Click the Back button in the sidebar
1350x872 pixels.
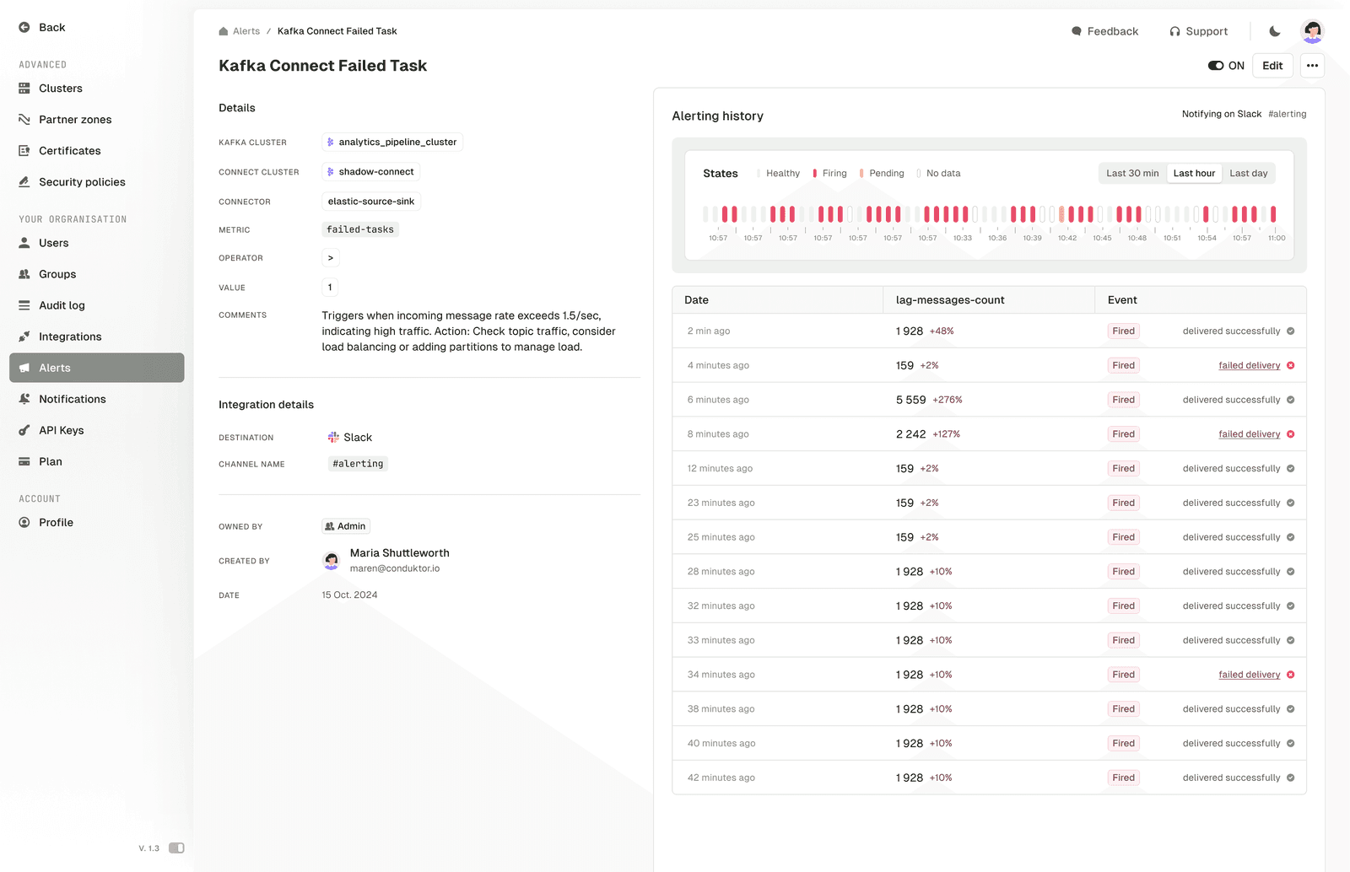pyautogui.click(x=42, y=28)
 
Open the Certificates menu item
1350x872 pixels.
pyautogui.click(x=69, y=151)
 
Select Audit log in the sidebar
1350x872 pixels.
pyautogui.click(x=62, y=305)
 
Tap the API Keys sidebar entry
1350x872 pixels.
pyautogui.click(x=61, y=430)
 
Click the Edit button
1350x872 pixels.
pyautogui.click(x=1272, y=66)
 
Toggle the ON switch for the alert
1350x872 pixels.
pyautogui.click(x=1216, y=66)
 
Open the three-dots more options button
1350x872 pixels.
pyautogui.click(x=1312, y=66)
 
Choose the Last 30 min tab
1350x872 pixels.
pyautogui.click(x=1132, y=174)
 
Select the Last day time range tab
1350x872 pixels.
pyautogui.click(x=1248, y=174)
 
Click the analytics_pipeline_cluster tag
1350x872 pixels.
pyautogui.click(x=392, y=143)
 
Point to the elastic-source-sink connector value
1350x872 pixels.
pyautogui.click(x=371, y=202)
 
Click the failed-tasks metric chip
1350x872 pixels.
pyautogui.click(x=360, y=229)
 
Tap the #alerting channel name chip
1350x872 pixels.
pyautogui.click(x=358, y=464)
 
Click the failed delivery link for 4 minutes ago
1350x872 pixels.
pyautogui.click(x=1249, y=366)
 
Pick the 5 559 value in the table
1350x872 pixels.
pyautogui.click(x=910, y=400)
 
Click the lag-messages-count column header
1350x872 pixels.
pyautogui.click(x=950, y=300)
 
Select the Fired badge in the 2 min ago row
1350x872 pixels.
pyautogui.click(x=1123, y=331)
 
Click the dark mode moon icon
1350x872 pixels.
pyautogui.click(x=1274, y=31)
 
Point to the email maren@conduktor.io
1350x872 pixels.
pyautogui.click(x=395, y=568)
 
